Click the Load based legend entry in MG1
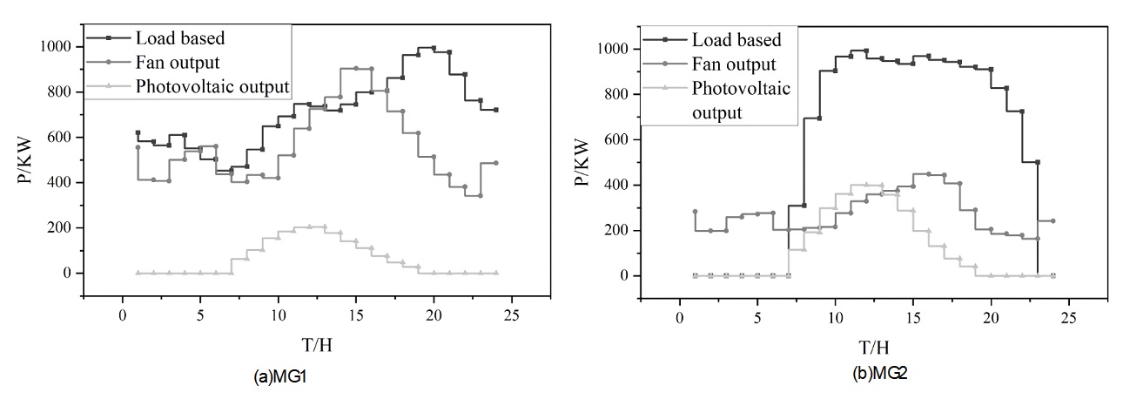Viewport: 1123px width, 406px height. (178, 39)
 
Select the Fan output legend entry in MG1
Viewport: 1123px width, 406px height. (174, 63)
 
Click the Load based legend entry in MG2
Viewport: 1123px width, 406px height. (736, 40)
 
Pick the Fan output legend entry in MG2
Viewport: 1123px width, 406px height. (731, 64)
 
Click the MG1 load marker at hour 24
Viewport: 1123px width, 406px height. (496, 110)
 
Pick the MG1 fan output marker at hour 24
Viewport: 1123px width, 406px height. (496, 163)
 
